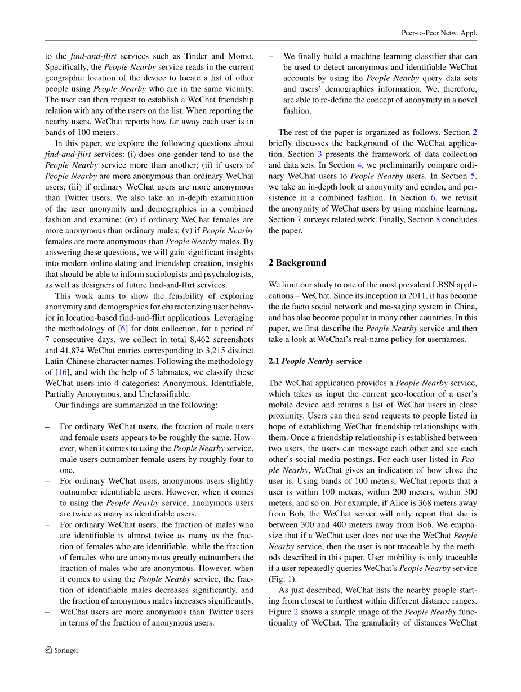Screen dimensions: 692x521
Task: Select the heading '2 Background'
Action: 297,263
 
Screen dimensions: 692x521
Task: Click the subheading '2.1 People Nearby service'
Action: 315,361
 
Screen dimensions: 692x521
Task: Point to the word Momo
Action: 242,56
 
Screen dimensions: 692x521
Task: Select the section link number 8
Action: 438,219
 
